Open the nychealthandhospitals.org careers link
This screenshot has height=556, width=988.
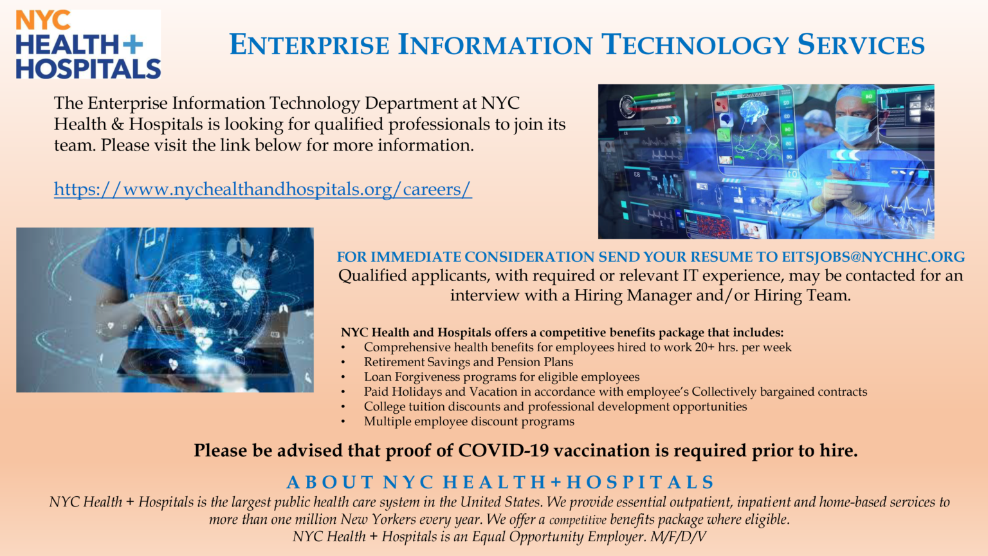pos(262,189)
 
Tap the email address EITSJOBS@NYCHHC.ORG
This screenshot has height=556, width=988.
pos(873,257)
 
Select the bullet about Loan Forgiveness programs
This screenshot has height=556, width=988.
pos(501,377)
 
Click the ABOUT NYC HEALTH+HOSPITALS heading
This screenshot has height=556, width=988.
pos(500,482)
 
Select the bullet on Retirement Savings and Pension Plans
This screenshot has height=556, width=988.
pos(468,362)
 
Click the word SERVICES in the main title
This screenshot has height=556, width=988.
pos(861,45)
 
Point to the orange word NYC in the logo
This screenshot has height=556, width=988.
pos(42,21)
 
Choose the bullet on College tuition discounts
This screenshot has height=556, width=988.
pos(555,407)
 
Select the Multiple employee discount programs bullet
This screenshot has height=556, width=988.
pos(469,422)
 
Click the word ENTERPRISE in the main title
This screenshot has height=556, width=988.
pos(309,45)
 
